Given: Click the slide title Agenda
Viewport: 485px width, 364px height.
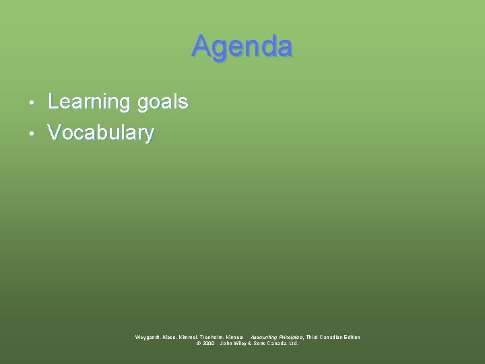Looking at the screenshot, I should tap(242, 47).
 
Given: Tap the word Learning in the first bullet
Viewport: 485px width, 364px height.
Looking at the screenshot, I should tap(89, 102).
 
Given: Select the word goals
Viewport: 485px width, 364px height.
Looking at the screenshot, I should tap(162, 102).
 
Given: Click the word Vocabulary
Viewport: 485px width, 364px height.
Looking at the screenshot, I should tap(101, 132).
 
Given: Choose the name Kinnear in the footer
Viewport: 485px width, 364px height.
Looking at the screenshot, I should tap(236, 337).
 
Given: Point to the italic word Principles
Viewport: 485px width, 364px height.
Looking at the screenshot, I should tap(290, 337).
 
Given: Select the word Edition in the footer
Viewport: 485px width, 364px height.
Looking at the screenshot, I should tap(350, 337).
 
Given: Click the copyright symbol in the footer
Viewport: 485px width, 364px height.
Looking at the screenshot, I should tap(198, 343).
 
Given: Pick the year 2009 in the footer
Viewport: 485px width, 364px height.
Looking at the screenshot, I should tap(208, 343).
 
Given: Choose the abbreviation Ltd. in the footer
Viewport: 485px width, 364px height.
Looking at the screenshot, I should tap(293, 343).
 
